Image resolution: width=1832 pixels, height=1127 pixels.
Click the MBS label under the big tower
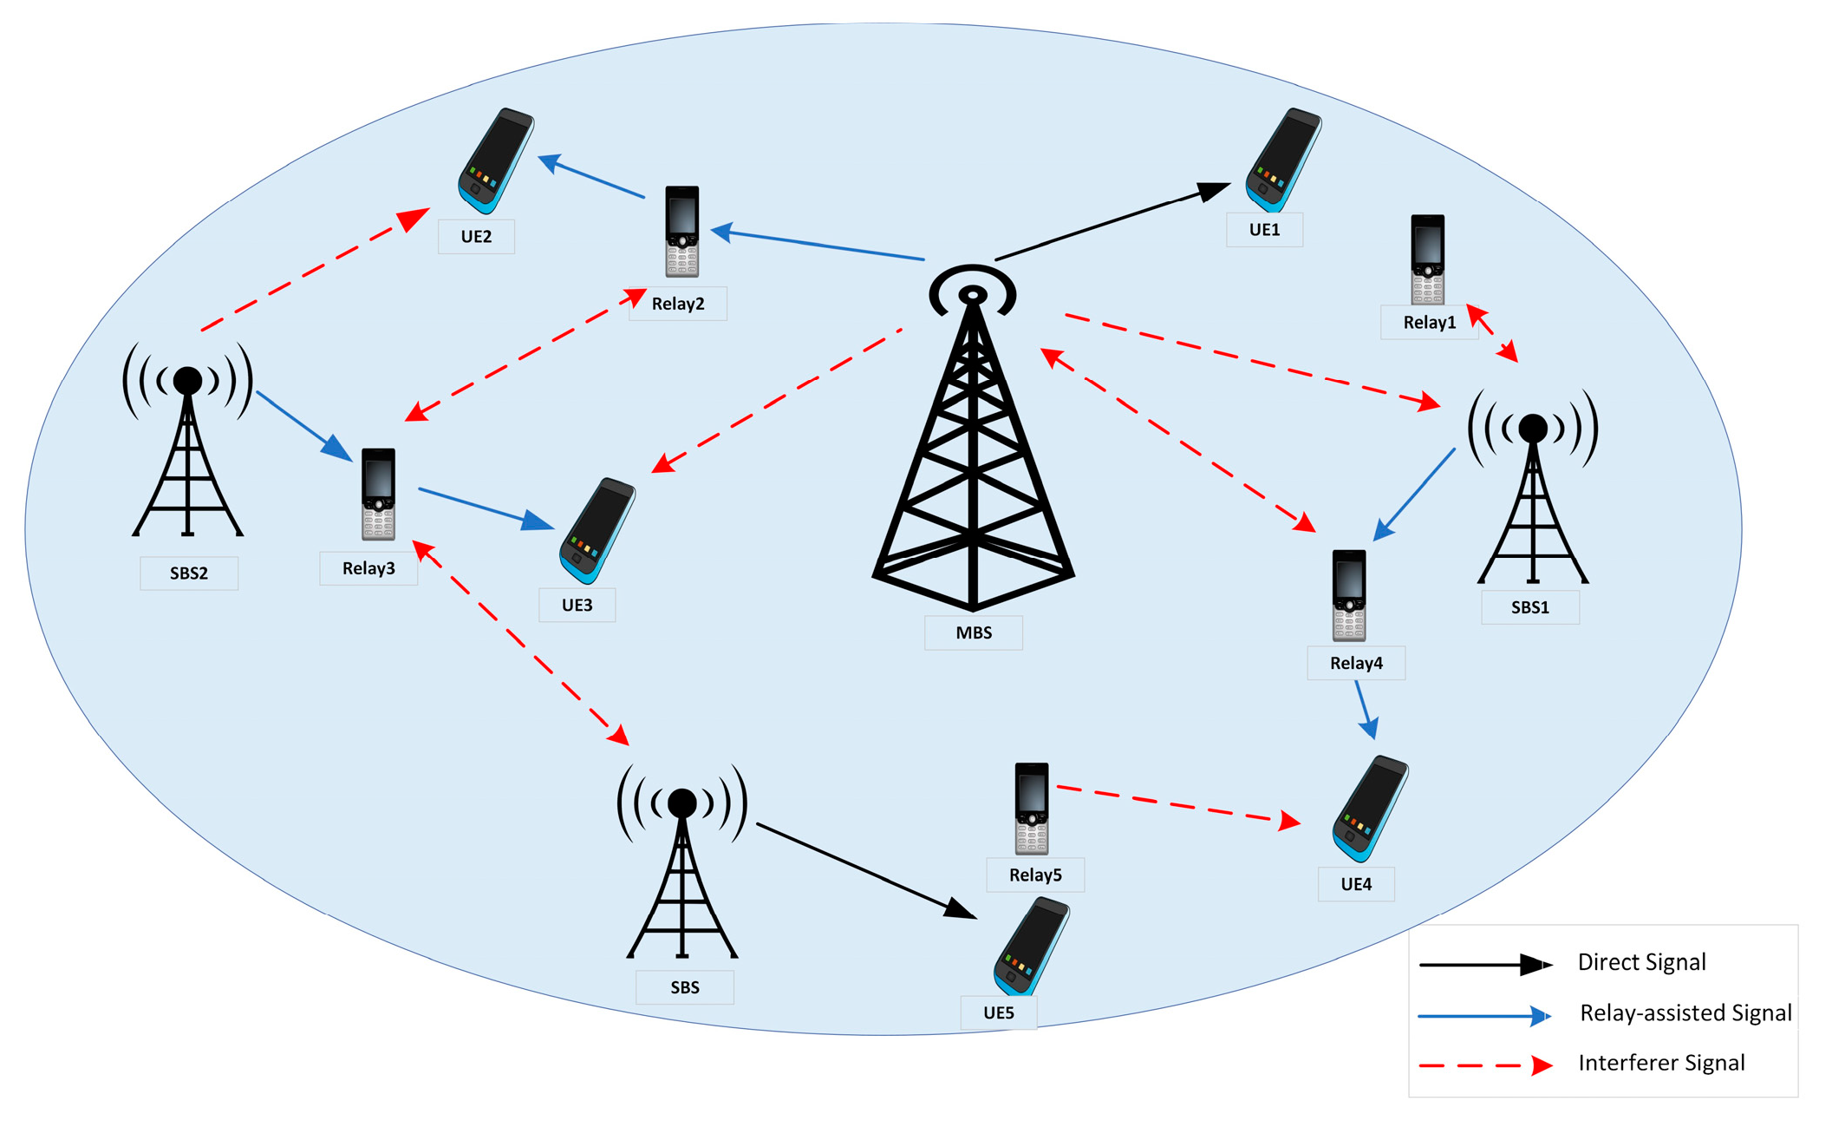973,632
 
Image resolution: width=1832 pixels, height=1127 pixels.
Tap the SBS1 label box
1529,607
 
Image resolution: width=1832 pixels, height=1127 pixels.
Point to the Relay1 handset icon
1427,259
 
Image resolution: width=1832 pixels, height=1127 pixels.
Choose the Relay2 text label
677,304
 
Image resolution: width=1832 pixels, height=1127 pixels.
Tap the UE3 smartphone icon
597,530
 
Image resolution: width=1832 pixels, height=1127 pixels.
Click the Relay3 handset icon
378,494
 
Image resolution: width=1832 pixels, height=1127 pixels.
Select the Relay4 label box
1356,664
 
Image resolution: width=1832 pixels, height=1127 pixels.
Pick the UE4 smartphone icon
1370,808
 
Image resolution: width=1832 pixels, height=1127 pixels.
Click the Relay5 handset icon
1031,809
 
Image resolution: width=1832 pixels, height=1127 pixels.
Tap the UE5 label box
998,1012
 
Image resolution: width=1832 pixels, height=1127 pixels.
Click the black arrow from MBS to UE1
1110,222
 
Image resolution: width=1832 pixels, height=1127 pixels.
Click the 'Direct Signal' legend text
1641,962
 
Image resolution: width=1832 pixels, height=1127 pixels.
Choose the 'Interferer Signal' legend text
1661,1063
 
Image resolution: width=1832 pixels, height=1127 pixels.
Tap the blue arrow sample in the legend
1483,1015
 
